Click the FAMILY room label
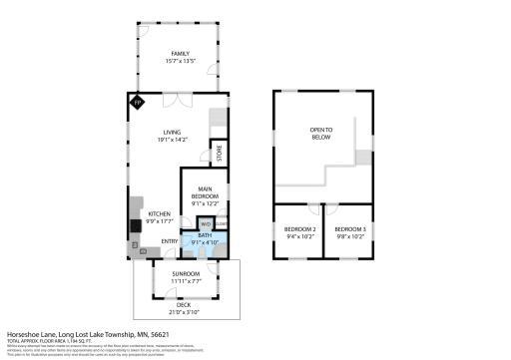tap(179, 55)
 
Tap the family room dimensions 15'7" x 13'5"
tap(179, 62)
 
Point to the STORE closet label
tap(219, 152)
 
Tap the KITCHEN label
tap(160, 213)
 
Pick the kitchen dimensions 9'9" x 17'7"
tap(160, 220)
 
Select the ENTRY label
tap(171, 239)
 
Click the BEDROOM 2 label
tap(299, 230)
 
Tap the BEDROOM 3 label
tap(350, 230)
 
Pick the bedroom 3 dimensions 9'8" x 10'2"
tap(350, 237)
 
